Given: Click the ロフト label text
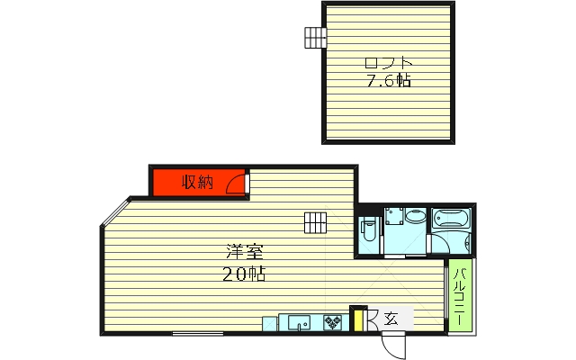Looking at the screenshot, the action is tap(388, 64).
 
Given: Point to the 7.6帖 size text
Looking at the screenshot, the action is tap(388, 80).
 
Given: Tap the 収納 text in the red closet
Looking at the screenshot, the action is tap(197, 182).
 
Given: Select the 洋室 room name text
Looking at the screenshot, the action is tap(244, 252).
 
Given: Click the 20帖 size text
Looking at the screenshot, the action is tap(244, 274).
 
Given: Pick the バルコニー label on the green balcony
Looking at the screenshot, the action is tap(460, 297).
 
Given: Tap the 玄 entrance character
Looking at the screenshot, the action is tap(391, 319).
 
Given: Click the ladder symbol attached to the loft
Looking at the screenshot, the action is tap(315, 38).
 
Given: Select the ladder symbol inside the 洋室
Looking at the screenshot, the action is tap(315, 222).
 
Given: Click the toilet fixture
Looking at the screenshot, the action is tap(368, 229).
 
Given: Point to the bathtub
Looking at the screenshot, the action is tap(451, 219).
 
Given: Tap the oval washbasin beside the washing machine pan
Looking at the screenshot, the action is tap(415, 217).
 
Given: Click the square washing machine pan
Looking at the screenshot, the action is tap(394, 216).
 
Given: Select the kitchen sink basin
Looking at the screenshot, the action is tap(299, 323).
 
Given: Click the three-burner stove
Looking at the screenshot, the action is tap(332, 323).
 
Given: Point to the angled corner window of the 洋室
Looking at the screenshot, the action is tap(116, 211).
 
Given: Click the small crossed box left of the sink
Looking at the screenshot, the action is tap(270, 324).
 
